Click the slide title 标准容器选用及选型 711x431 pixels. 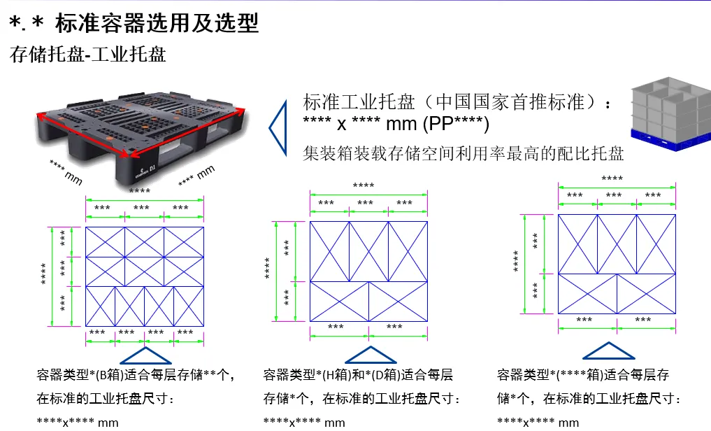click(157, 24)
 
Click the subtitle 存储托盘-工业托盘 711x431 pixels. click(88, 55)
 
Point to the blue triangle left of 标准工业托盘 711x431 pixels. click(278, 127)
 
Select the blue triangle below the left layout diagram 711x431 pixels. click(146, 355)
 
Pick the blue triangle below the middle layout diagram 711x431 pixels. click(370, 355)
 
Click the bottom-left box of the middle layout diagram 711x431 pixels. click(339, 302)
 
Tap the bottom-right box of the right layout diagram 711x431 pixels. click(647, 293)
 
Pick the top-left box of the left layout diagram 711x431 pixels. click(105, 241)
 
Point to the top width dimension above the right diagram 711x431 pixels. click(613, 179)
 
